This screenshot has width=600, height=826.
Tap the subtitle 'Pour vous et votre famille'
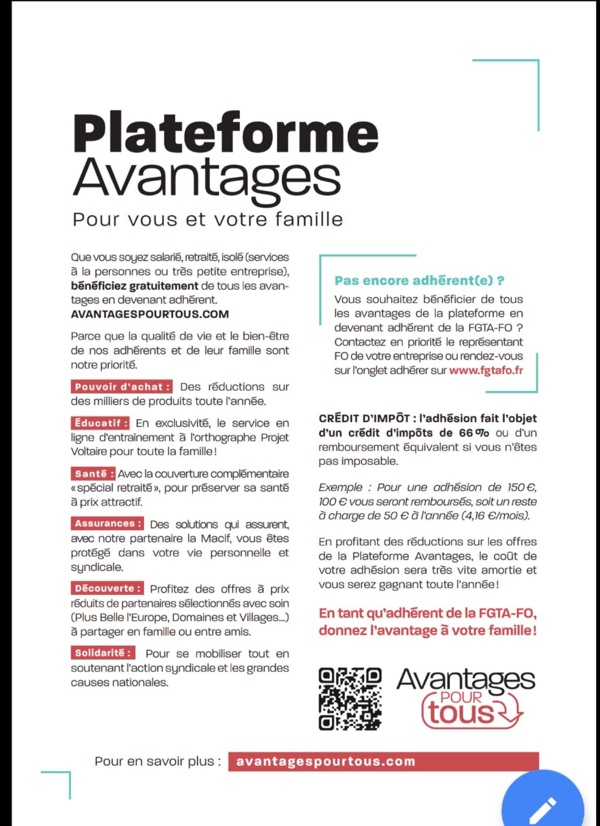pos(208,220)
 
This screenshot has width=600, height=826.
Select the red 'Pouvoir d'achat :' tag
pos(122,387)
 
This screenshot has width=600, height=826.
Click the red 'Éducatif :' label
pos(100,423)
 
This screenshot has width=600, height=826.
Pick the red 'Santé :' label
pos(94,473)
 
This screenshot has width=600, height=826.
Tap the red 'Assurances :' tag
pos(107,524)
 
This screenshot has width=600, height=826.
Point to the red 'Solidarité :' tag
pos(103,653)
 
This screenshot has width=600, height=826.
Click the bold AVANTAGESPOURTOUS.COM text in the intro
pos(150,314)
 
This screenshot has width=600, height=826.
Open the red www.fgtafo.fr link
pos(486,370)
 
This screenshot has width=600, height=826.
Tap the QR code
pos(350,699)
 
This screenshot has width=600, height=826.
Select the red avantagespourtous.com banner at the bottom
pos(383,761)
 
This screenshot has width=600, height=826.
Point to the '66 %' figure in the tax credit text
pos(474,433)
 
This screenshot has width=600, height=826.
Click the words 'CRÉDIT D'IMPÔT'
pos(364,418)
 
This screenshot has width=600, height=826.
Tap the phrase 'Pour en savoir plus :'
pos(158,761)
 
